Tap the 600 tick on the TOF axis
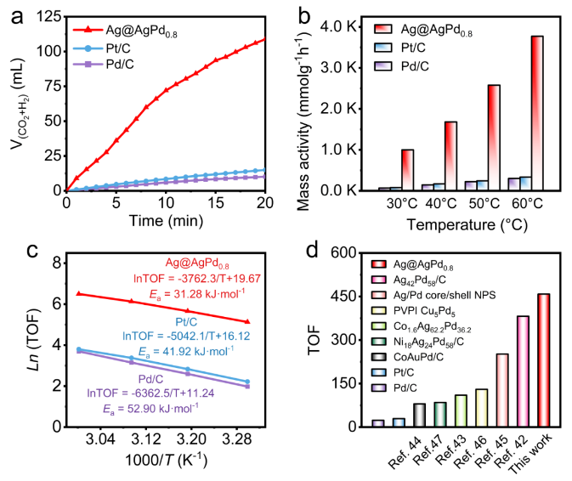coord(340,252)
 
